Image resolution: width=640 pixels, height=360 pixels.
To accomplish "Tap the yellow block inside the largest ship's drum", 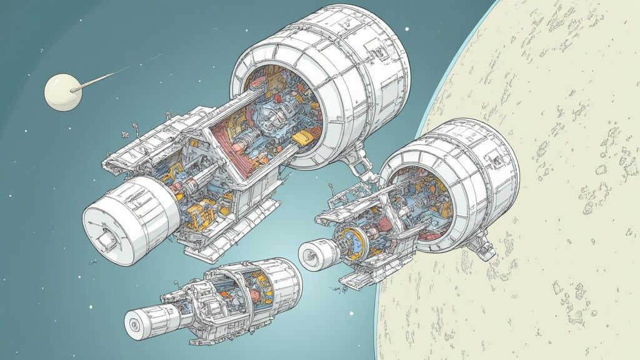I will [x=301, y=137].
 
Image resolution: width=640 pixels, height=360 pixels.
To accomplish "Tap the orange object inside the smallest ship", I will [x=257, y=293].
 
